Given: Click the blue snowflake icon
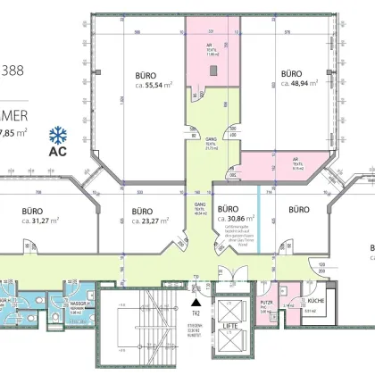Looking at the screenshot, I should (x=60, y=135).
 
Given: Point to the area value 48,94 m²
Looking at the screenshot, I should (x=299, y=82).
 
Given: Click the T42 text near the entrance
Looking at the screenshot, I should (x=193, y=314).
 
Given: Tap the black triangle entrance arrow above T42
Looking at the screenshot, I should (x=193, y=304).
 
